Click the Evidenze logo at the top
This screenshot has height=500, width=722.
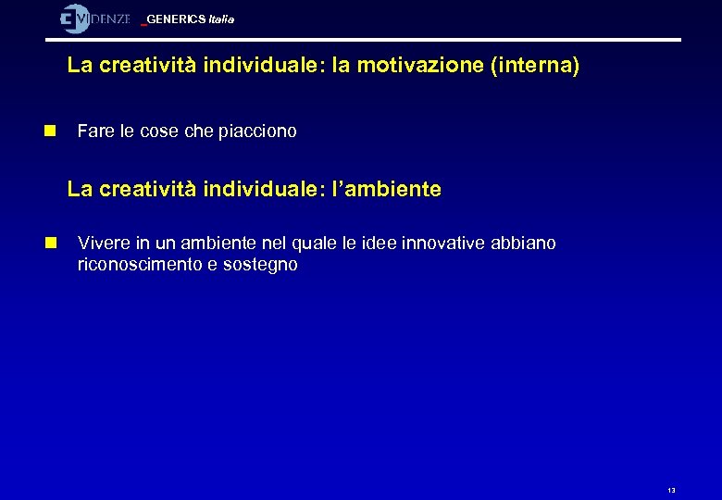(94, 19)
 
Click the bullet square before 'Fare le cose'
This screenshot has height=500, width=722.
(51, 131)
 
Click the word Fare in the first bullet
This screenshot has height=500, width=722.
(94, 131)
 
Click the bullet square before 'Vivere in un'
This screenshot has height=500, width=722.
(51, 244)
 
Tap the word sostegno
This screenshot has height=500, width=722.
(261, 265)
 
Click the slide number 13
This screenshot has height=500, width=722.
(671, 490)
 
